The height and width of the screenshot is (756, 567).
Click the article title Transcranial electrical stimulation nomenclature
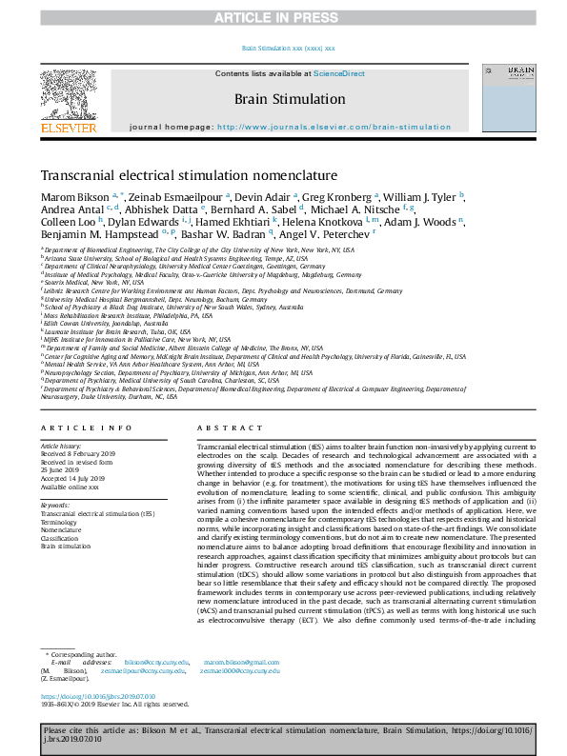[189, 176]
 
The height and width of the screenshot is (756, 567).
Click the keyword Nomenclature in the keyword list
[62, 528]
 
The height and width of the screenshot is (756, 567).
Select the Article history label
[61, 445]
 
